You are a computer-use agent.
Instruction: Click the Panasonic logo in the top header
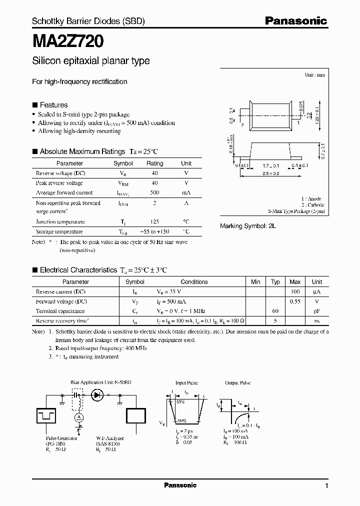(295, 20)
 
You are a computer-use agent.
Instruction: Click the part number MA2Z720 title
(68, 40)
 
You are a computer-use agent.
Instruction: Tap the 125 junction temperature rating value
(154, 221)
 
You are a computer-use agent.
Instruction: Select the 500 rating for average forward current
(154, 192)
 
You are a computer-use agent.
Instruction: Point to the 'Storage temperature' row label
(59, 231)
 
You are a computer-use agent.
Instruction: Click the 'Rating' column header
(154, 163)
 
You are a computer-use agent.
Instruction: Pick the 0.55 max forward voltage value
(295, 301)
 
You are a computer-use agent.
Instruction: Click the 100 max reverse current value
(295, 291)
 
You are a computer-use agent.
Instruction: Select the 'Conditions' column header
(194, 281)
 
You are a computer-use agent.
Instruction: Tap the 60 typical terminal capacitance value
(275, 311)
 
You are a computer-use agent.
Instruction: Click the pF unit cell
(317, 311)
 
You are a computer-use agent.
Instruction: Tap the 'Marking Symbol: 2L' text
(248, 226)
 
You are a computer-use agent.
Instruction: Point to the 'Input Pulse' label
(186, 382)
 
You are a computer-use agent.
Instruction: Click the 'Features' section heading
(53, 105)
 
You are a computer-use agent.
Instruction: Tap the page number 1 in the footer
(326, 485)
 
